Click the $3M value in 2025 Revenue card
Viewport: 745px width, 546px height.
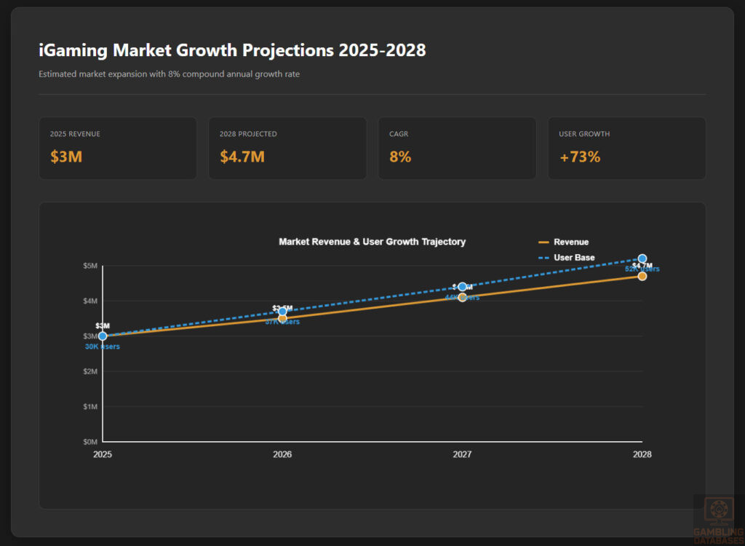coord(66,157)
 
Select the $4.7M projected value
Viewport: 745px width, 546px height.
coord(242,157)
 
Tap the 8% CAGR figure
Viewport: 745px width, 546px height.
coord(400,157)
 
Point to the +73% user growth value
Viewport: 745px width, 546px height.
coord(579,157)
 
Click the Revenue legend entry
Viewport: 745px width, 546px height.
coord(563,242)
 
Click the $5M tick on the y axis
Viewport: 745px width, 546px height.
coord(90,266)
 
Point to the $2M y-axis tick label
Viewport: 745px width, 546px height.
coord(90,371)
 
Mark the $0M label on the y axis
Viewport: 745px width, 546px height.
coord(90,442)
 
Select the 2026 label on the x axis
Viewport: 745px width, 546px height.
coord(282,454)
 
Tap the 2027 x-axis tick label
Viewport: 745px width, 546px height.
coord(462,454)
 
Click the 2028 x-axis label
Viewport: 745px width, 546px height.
coord(642,454)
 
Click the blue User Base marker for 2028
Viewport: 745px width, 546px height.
coord(642,258)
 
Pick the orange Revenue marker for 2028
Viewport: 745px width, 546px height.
coord(642,276)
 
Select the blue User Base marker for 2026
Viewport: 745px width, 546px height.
coord(282,312)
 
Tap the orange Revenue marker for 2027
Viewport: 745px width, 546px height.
coord(462,297)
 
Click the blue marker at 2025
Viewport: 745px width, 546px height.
coord(103,336)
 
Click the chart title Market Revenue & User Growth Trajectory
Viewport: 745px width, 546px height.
coord(372,242)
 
